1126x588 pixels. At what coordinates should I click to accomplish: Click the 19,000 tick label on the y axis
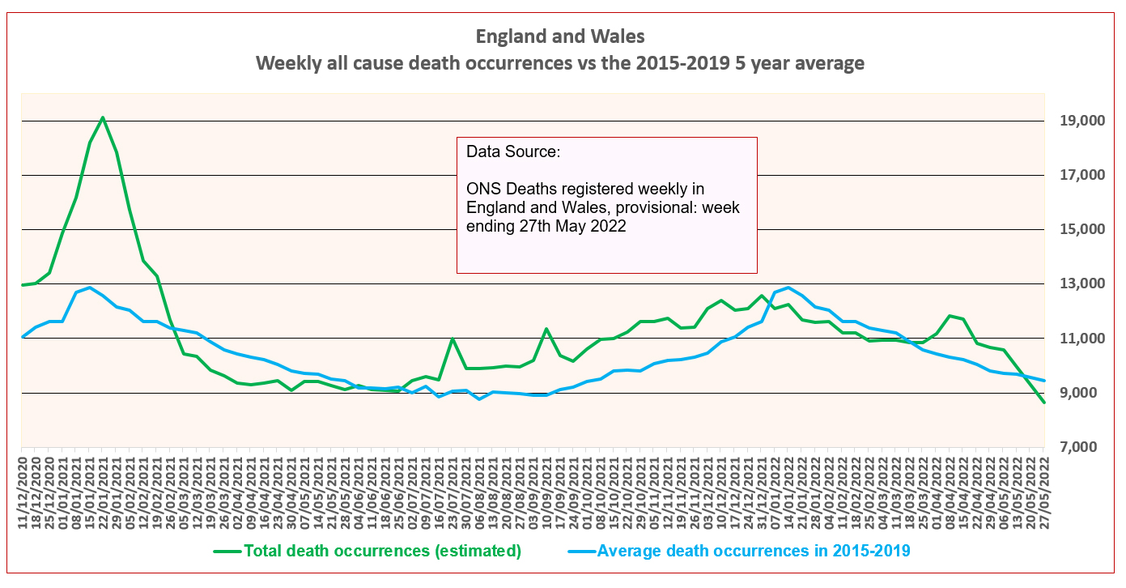pyautogui.click(x=1081, y=121)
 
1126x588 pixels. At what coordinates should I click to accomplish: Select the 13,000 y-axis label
pyautogui.click(x=1081, y=284)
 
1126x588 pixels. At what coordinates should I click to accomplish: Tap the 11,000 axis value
pyautogui.click(x=1081, y=339)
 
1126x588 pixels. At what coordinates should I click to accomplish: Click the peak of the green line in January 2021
pyautogui.click(x=103, y=117)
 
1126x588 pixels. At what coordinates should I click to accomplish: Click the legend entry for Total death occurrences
pyautogui.click(x=381, y=552)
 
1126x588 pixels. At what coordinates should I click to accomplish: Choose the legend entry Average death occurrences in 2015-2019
pyautogui.click(x=753, y=552)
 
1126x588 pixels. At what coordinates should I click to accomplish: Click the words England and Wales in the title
pyautogui.click(x=560, y=36)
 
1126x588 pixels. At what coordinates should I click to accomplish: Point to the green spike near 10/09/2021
pyautogui.click(x=546, y=329)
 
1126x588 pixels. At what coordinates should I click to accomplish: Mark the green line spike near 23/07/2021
pyautogui.click(x=453, y=339)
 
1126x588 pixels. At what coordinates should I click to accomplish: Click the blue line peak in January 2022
pyautogui.click(x=788, y=288)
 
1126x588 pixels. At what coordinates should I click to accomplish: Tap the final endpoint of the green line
pyautogui.click(x=1043, y=403)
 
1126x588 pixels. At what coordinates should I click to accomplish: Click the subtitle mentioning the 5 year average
pyautogui.click(x=560, y=63)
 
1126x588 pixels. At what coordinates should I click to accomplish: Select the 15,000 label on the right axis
pyautogui.click(x=1081, y=230)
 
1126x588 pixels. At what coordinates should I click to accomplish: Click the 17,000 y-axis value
pyautogui.click(x=1081, y=176)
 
